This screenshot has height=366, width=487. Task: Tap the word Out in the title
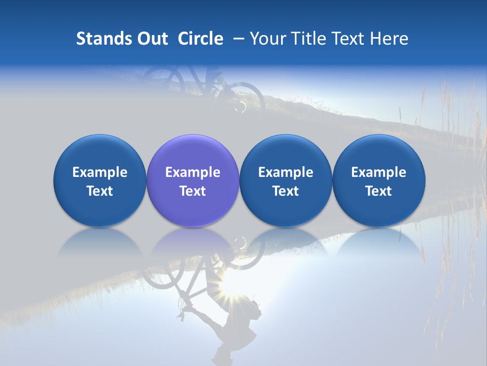coord(152,39)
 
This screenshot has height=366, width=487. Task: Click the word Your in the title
coord(266,39)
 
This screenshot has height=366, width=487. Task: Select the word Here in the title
coord(389,39)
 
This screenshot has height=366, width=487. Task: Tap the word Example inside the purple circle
coord(193,172)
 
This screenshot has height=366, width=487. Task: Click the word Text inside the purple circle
coord(193,191)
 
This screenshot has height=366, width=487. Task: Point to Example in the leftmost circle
coord(99,172)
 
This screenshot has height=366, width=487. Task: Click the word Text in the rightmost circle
coord(378,191)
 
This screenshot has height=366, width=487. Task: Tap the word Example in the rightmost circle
coord(378,172)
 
